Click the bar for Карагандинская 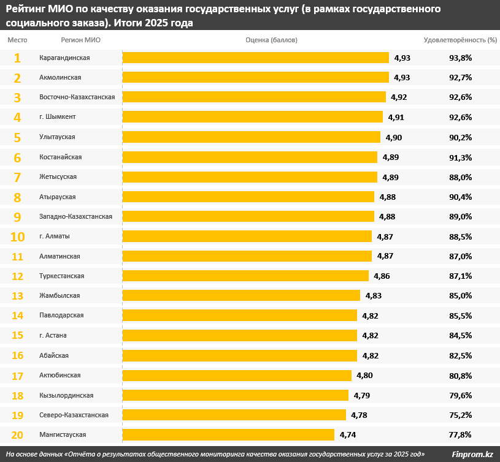coord(255,58)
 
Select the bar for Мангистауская coord(228,435)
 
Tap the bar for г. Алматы coord(247,237)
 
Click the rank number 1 coord(17,58)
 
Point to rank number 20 coord(17,435)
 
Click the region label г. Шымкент coord(58,117)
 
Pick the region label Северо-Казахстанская coord(74,415)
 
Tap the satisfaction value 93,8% coord(460,58)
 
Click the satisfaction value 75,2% coord(460,415)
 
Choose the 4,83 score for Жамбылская coord(374,296)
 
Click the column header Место coord(17,40)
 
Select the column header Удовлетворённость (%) coord(460,40)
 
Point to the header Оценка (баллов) coord(271,40)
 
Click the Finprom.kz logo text coord(472,454)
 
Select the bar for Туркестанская coord(245,276)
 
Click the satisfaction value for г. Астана coord(460,335)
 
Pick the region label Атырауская coord(58,197)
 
